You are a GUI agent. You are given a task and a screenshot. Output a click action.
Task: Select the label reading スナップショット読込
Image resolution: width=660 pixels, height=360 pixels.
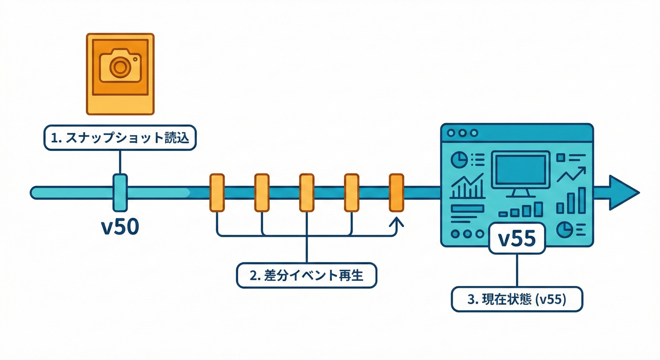click(x=120, y=138)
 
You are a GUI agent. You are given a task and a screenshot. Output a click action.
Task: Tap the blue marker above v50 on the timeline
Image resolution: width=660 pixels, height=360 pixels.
click(x=120, y=191)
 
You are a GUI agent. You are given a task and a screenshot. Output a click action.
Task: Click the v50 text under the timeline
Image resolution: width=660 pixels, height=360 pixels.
click(x=120, y=227)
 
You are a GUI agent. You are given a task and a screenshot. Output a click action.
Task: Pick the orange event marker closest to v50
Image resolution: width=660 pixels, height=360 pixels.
click(x=217, y=192)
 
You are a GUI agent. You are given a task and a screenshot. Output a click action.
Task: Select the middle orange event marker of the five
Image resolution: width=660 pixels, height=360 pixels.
click(x=307, y=192)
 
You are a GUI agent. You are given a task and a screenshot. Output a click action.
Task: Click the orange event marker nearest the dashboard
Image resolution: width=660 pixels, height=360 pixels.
click(x=397, y=192)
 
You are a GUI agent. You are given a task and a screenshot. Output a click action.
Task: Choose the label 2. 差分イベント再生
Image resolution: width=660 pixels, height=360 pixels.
click(x=307, y=275)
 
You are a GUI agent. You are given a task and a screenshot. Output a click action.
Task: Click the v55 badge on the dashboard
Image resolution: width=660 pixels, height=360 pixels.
click(x=517, y=239)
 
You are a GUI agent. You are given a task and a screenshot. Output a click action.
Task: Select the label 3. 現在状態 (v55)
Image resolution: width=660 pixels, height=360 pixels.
click(x=517, y=299)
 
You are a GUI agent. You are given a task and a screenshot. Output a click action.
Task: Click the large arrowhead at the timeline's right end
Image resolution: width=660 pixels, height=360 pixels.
click(x=623, y=192)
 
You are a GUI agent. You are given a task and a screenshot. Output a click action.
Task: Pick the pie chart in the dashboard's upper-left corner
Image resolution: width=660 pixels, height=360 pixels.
click(x=458, y=160)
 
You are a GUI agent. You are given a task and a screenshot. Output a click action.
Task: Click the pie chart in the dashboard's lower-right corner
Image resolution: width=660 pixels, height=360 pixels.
click(x=564, y=230)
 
